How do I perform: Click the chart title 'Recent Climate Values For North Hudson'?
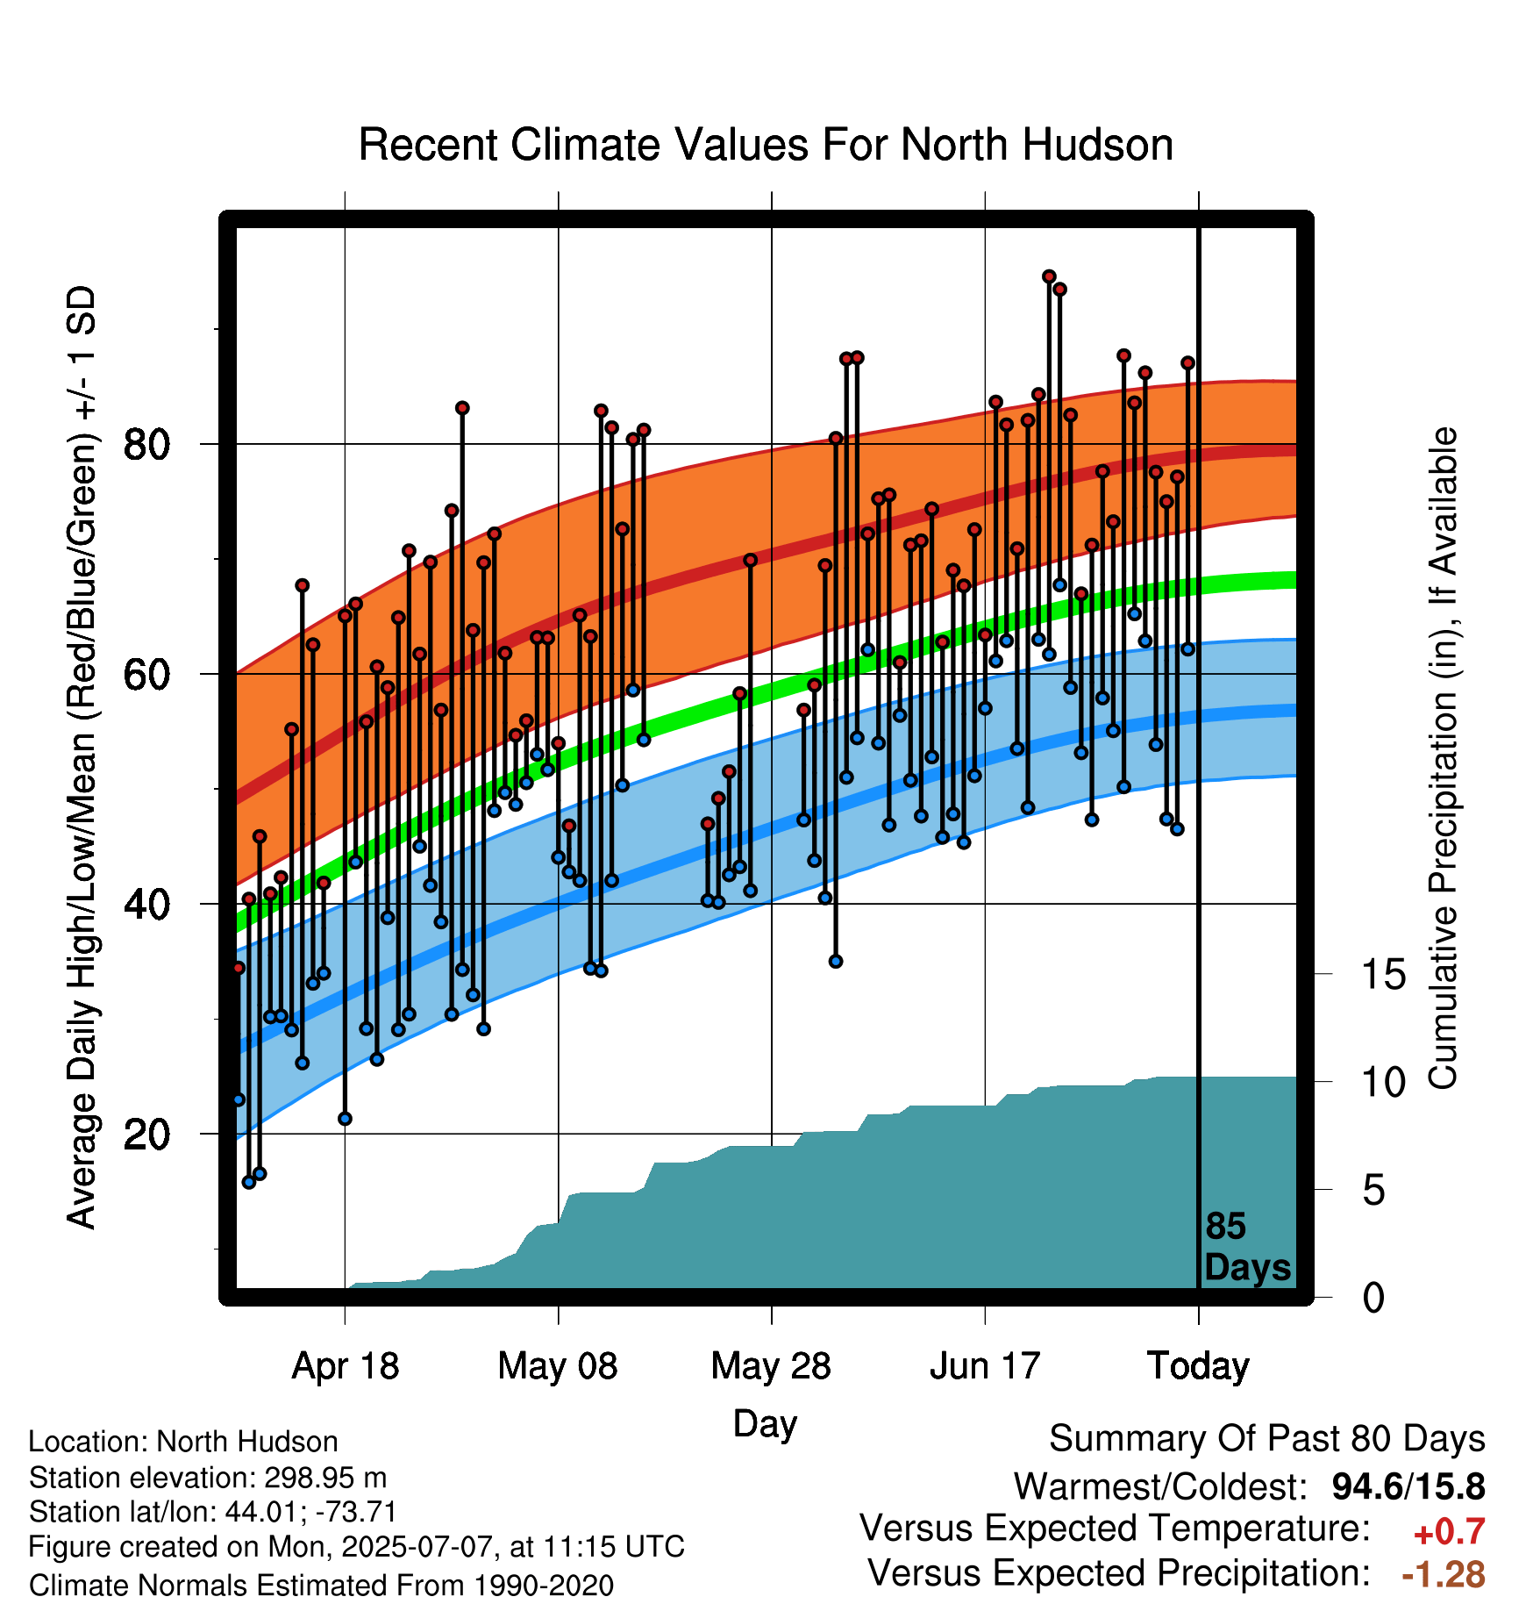pyautogui.click(x=766, y=145)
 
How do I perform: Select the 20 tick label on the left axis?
pyautogui.click(x=146, y=1134)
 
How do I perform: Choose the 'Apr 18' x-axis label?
pyautogui.click(x=345, y=1366)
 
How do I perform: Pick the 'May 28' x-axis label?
pyautogui.click(x=771, y=1366)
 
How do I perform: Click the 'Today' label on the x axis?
pyautogui.click(x=1198, y=1366)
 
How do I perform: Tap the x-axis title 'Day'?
pyautogui.click(x=765, y=1423)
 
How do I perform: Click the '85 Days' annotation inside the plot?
pyautogui.click(x=1247, y=1247)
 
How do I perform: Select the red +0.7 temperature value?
pyautogui.click(x=1449, y=1531)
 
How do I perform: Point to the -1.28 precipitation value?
pyautogui.click(x=1444, y=1574)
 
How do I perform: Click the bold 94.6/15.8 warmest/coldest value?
pyautogui.click(x=1408, y=1486)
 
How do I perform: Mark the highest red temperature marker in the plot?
pyautogui.click(x=1049, y=276)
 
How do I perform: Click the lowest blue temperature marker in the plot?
pyautogui.click(x=249, y=1182)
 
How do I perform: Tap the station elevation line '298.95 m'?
pyautogui.click(x=208, y=1478)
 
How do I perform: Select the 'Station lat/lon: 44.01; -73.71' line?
pyautogui.click(x=213, y=1512)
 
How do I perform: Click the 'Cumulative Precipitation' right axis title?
pyautogui.click(x=1443, y=758)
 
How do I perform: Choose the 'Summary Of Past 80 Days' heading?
pyautogui.click(x=1267, y=1439)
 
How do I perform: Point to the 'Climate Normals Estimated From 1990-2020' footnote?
pyautogui.click(x=321, y=1586)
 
